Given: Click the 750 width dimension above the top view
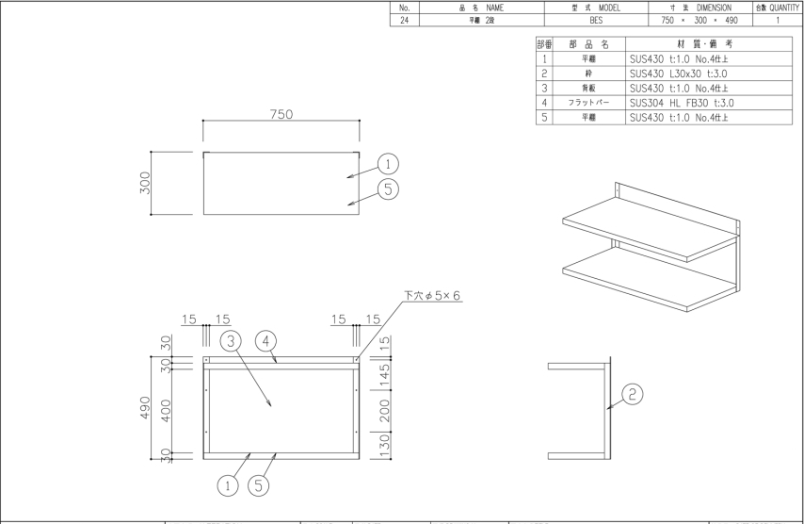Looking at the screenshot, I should (280, 114).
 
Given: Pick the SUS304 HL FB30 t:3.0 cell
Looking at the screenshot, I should (681, 103).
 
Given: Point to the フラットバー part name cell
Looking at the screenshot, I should (590, 103).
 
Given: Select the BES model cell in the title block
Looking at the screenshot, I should (596, 19).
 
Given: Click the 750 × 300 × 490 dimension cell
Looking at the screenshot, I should (699, 19).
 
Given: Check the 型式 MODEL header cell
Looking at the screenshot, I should (596, 7).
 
